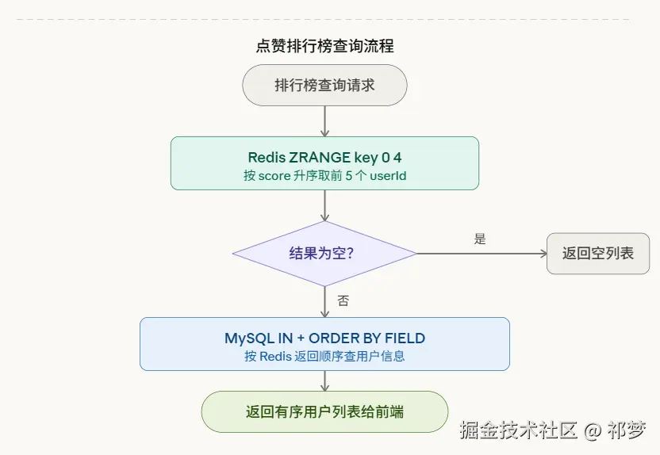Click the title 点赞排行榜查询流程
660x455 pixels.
pos(324,46)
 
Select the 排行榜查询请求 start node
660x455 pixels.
pos(324,85)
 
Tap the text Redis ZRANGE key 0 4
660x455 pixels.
pos(324,157)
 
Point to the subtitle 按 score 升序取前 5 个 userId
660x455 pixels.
pos(324,175)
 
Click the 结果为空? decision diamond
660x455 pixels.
pos(324,254)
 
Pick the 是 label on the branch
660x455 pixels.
pos(480,239)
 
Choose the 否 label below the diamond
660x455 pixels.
pos(343,301)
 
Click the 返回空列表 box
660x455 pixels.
pos(598,254)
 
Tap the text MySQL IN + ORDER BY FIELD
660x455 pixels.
pos(324,338)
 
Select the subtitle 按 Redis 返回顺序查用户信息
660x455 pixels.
pos(324,356)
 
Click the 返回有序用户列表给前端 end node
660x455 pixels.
pos(324,411)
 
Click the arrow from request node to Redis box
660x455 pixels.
pos(324,120)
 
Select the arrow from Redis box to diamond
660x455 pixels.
pos(324,205)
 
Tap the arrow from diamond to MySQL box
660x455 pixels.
pos(324,302)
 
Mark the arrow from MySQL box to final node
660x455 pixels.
pos(324,380)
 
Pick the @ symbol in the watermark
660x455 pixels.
pos(591,431)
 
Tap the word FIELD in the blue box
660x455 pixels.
pos(405,338)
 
